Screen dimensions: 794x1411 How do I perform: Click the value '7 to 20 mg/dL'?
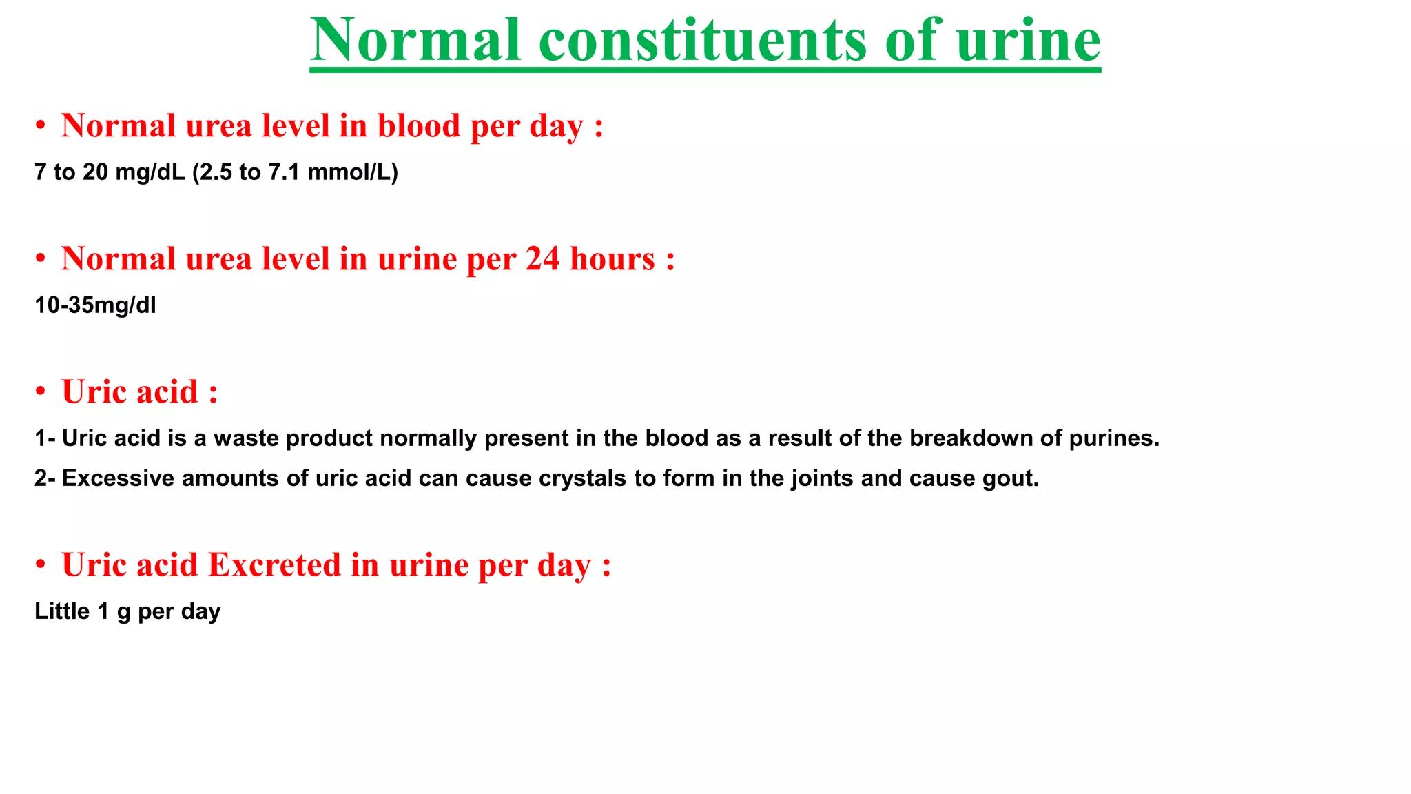coord(110,172)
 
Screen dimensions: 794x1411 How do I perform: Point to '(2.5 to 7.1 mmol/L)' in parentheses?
coord(295,172)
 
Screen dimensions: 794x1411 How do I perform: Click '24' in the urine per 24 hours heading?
coord(542,259)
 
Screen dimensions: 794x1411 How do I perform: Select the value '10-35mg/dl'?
coord(95,305)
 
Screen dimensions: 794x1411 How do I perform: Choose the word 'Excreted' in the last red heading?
coord(275,565)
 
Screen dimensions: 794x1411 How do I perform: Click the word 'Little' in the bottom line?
coord(62,611)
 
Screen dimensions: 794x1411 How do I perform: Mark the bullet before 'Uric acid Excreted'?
coord(41,565)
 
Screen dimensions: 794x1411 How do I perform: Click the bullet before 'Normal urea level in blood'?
coord(41,126)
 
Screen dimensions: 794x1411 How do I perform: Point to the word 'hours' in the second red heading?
coord(612,259)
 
